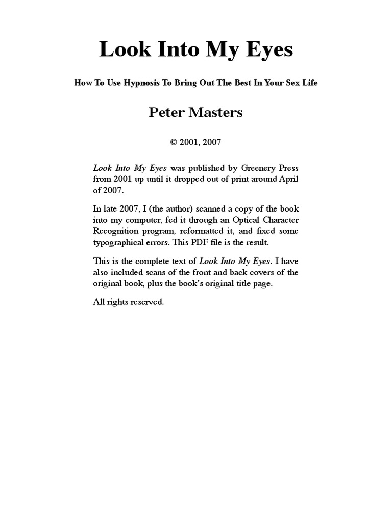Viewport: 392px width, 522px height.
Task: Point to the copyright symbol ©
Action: point(174,142)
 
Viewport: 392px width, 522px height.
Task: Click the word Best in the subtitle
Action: point(238,83)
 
